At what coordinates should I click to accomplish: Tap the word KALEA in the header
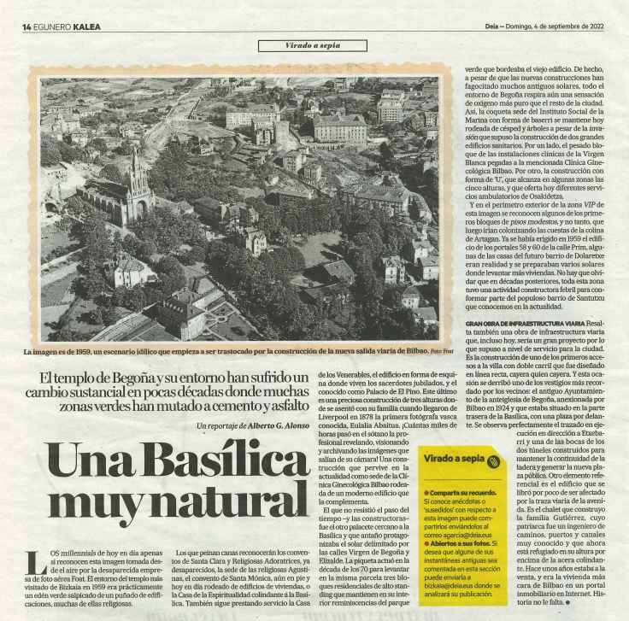click(x=87, y=26)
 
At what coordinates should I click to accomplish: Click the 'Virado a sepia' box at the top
click(x=314, y=44)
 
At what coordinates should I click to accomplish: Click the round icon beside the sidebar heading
click(x=493, y=462)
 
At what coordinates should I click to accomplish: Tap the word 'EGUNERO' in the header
click(x=53, y=26)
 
